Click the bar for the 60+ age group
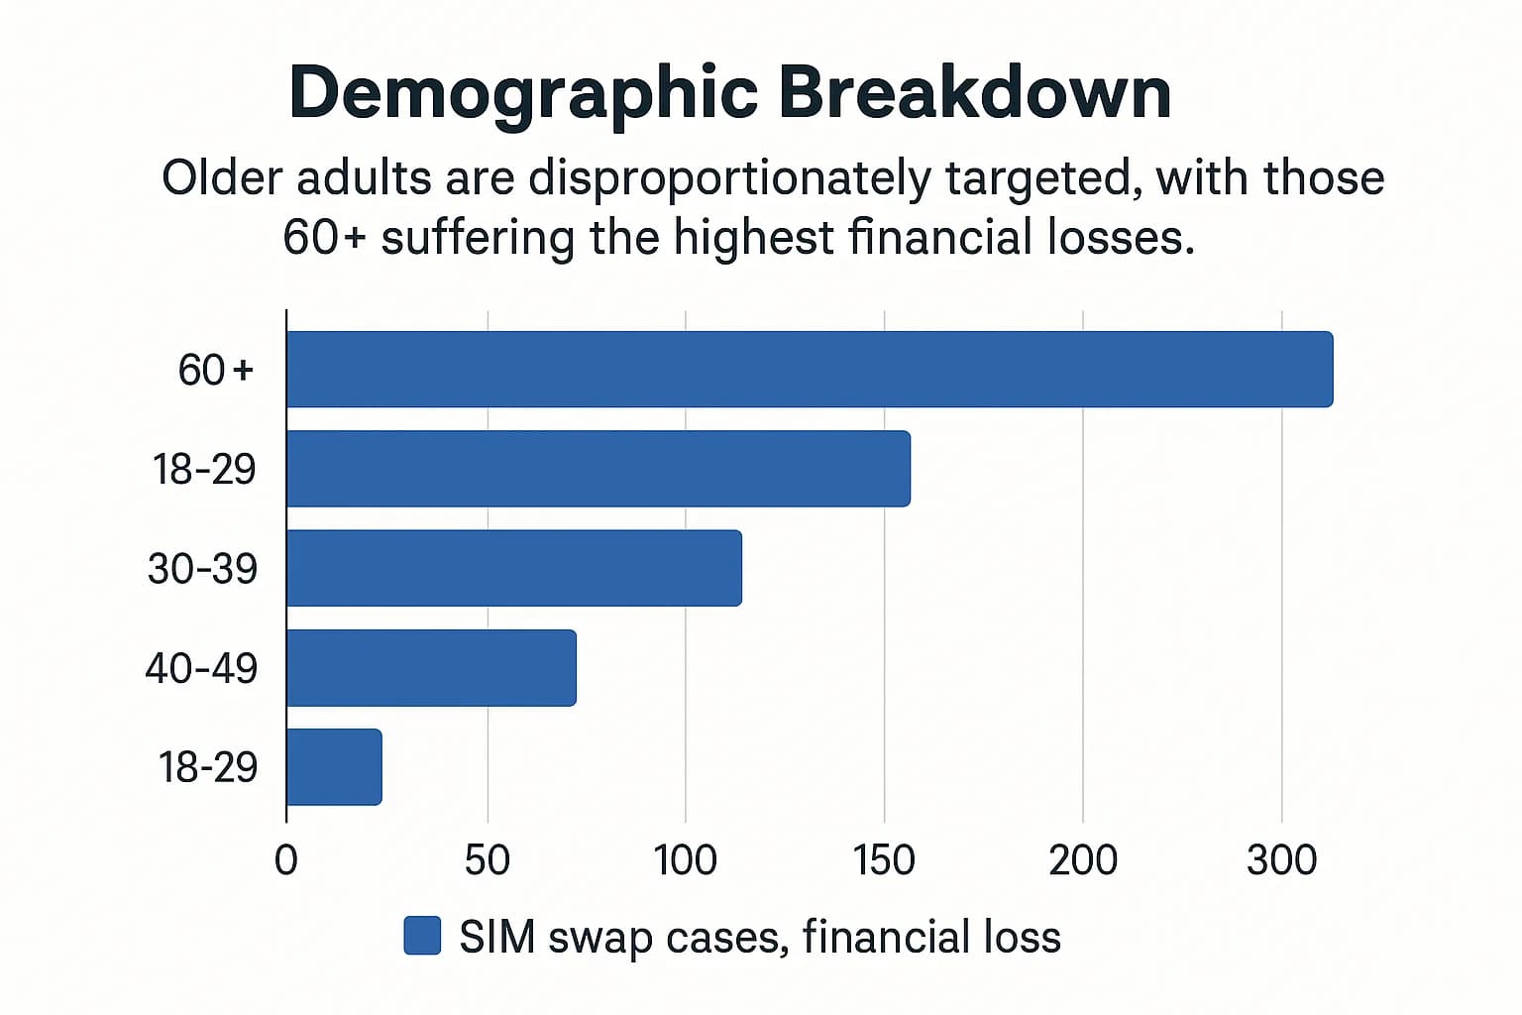tap(810, 370)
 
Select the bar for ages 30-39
tap(514, 568)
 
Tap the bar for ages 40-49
tap(431, 667)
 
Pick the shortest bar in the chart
tap(334, 766)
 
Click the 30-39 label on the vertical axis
tap(202, 569)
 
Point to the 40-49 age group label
tap(201, 668)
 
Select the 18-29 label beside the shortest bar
tap(208, 767)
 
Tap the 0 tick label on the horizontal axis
tap(285, 859)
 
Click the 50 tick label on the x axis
tap(487, 859)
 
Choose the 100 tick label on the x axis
tap(685, 859)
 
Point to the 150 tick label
tap(884, 859)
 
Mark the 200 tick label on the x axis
tap(1083, 859)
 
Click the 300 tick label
tap(1281, 859)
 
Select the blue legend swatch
tap(422, 936)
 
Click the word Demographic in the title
tap(523, 92)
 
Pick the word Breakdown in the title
tap(974, 92)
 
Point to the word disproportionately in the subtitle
tap(729, 179)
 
